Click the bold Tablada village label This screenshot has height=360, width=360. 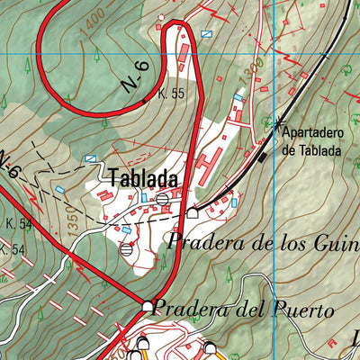point(143,178)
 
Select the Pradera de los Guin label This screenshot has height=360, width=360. point(262,240)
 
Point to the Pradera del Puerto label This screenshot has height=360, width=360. point(243,307)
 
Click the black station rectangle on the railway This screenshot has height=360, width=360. point(263,157)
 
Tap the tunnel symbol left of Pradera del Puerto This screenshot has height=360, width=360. point(148,307)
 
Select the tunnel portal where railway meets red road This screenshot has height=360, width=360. point(192,212)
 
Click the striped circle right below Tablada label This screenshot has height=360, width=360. point(162,198)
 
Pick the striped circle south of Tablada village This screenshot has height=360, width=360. point(125,249)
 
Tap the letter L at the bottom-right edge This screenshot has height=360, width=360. point(355,340)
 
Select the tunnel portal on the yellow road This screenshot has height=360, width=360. point(210,346)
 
